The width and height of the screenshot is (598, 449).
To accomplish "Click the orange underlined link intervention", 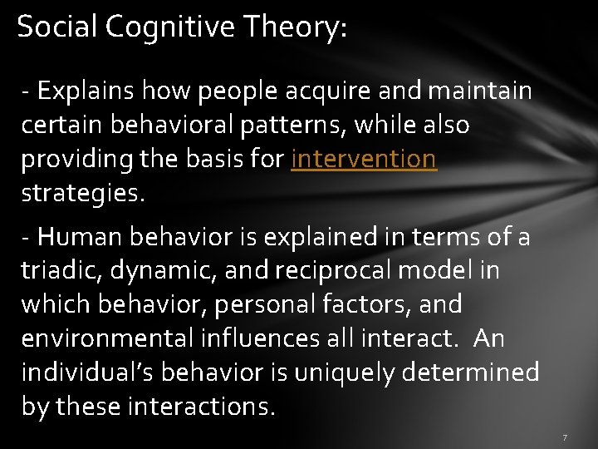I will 364,159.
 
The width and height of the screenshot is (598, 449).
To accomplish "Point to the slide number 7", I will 564,437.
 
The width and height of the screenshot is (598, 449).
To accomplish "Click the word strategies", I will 82,193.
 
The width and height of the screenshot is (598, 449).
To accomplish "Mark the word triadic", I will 56,271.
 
